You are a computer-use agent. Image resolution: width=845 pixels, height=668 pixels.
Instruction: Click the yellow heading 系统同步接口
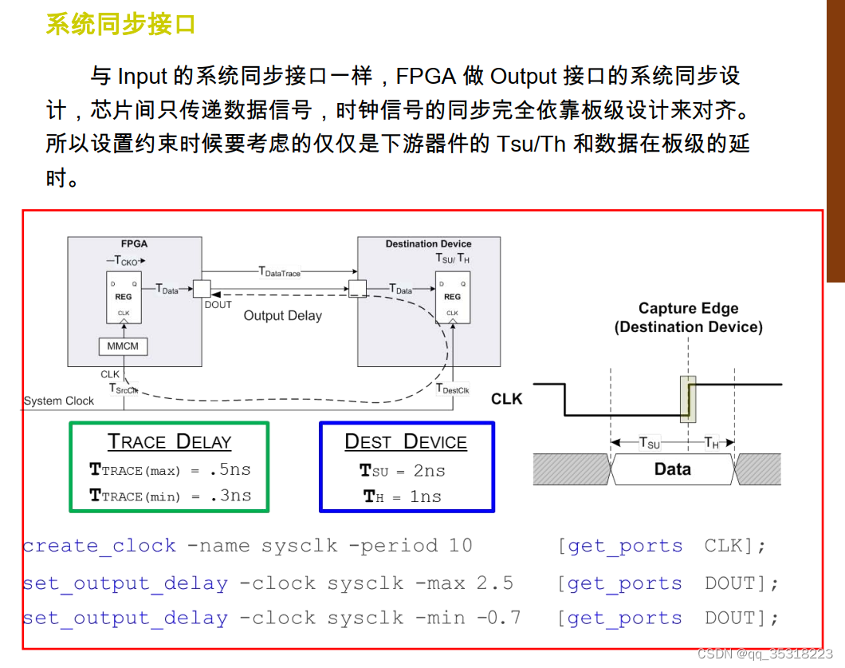click(120, 25)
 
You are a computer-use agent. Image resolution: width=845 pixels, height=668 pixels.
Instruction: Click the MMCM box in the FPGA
click(124, 346)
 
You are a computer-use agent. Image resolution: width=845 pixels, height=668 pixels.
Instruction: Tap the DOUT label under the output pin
click(218, 305)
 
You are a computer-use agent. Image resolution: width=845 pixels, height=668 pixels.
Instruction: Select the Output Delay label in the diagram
click(282, 315)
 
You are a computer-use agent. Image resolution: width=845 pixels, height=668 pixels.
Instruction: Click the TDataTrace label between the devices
click(280, 272)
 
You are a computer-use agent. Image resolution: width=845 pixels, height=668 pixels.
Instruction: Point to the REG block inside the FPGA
click(124, 297)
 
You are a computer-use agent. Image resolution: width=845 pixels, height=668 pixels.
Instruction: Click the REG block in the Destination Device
click(452, 297)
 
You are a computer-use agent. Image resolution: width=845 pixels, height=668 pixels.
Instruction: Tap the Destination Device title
click(428, 244)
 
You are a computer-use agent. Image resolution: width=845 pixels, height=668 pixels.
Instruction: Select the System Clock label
click(59, 401)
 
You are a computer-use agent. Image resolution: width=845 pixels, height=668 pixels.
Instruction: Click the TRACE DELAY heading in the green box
click(169, 441)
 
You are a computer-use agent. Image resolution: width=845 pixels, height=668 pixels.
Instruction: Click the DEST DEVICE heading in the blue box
click(405, 441)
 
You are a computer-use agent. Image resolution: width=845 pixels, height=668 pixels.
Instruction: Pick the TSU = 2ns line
click(403, 471)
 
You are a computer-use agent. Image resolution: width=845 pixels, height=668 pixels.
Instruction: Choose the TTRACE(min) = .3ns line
click(170, 496)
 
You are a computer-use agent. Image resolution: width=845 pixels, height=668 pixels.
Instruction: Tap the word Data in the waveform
click(672, 469)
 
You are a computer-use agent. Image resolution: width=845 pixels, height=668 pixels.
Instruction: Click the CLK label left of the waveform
click(506, 398)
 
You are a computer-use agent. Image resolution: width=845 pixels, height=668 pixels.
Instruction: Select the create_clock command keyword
click(100, 546)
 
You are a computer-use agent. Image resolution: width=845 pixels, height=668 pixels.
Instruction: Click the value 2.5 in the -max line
click(495, 583)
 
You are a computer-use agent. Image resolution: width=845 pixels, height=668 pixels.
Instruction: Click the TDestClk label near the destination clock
click(453, 389)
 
